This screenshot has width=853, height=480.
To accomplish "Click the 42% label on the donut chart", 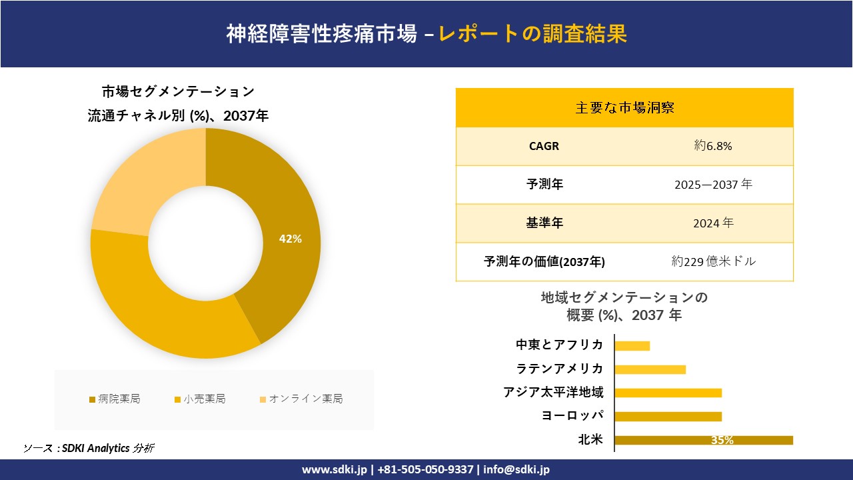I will click(290, 239).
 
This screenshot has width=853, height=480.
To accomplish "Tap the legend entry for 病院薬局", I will click(115, 399).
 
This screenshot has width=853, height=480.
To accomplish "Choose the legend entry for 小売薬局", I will click(200, 399).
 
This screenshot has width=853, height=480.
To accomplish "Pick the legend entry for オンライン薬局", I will click(301, 399).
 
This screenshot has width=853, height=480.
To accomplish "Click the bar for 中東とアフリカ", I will click(632, 345).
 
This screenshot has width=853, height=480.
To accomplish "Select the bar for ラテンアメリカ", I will click(650, 369).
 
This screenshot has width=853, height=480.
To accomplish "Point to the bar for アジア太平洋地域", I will click(668, 393).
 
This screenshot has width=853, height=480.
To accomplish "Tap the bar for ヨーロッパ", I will click(668, 417).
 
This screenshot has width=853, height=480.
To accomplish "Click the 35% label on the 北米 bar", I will click(722, 440).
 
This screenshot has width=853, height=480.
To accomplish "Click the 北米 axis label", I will click(590, 439).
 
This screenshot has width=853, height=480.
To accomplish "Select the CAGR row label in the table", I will click(544, 146).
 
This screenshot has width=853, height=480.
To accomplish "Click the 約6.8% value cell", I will click(713, 146).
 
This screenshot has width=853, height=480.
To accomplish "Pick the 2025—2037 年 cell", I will click(713, 185).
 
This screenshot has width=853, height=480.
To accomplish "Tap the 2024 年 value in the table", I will click(713, 223).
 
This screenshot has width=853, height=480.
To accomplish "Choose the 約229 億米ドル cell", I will click(713, 261).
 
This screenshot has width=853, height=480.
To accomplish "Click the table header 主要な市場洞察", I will click(624, 107).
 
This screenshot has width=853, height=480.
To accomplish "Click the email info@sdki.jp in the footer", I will click(516, 469).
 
